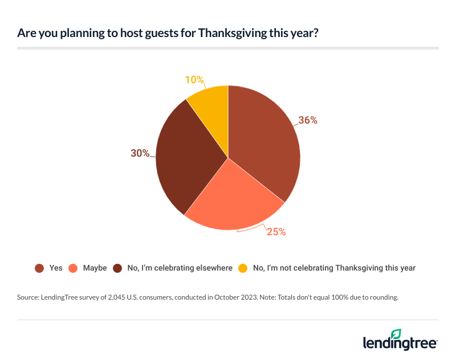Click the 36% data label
308,121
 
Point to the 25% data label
276,232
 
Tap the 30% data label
139,153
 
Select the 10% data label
194,80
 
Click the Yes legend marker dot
39,268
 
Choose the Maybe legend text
95,268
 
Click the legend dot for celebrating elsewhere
117,268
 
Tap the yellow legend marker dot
243,268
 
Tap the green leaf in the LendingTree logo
396,334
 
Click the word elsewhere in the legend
213,268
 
